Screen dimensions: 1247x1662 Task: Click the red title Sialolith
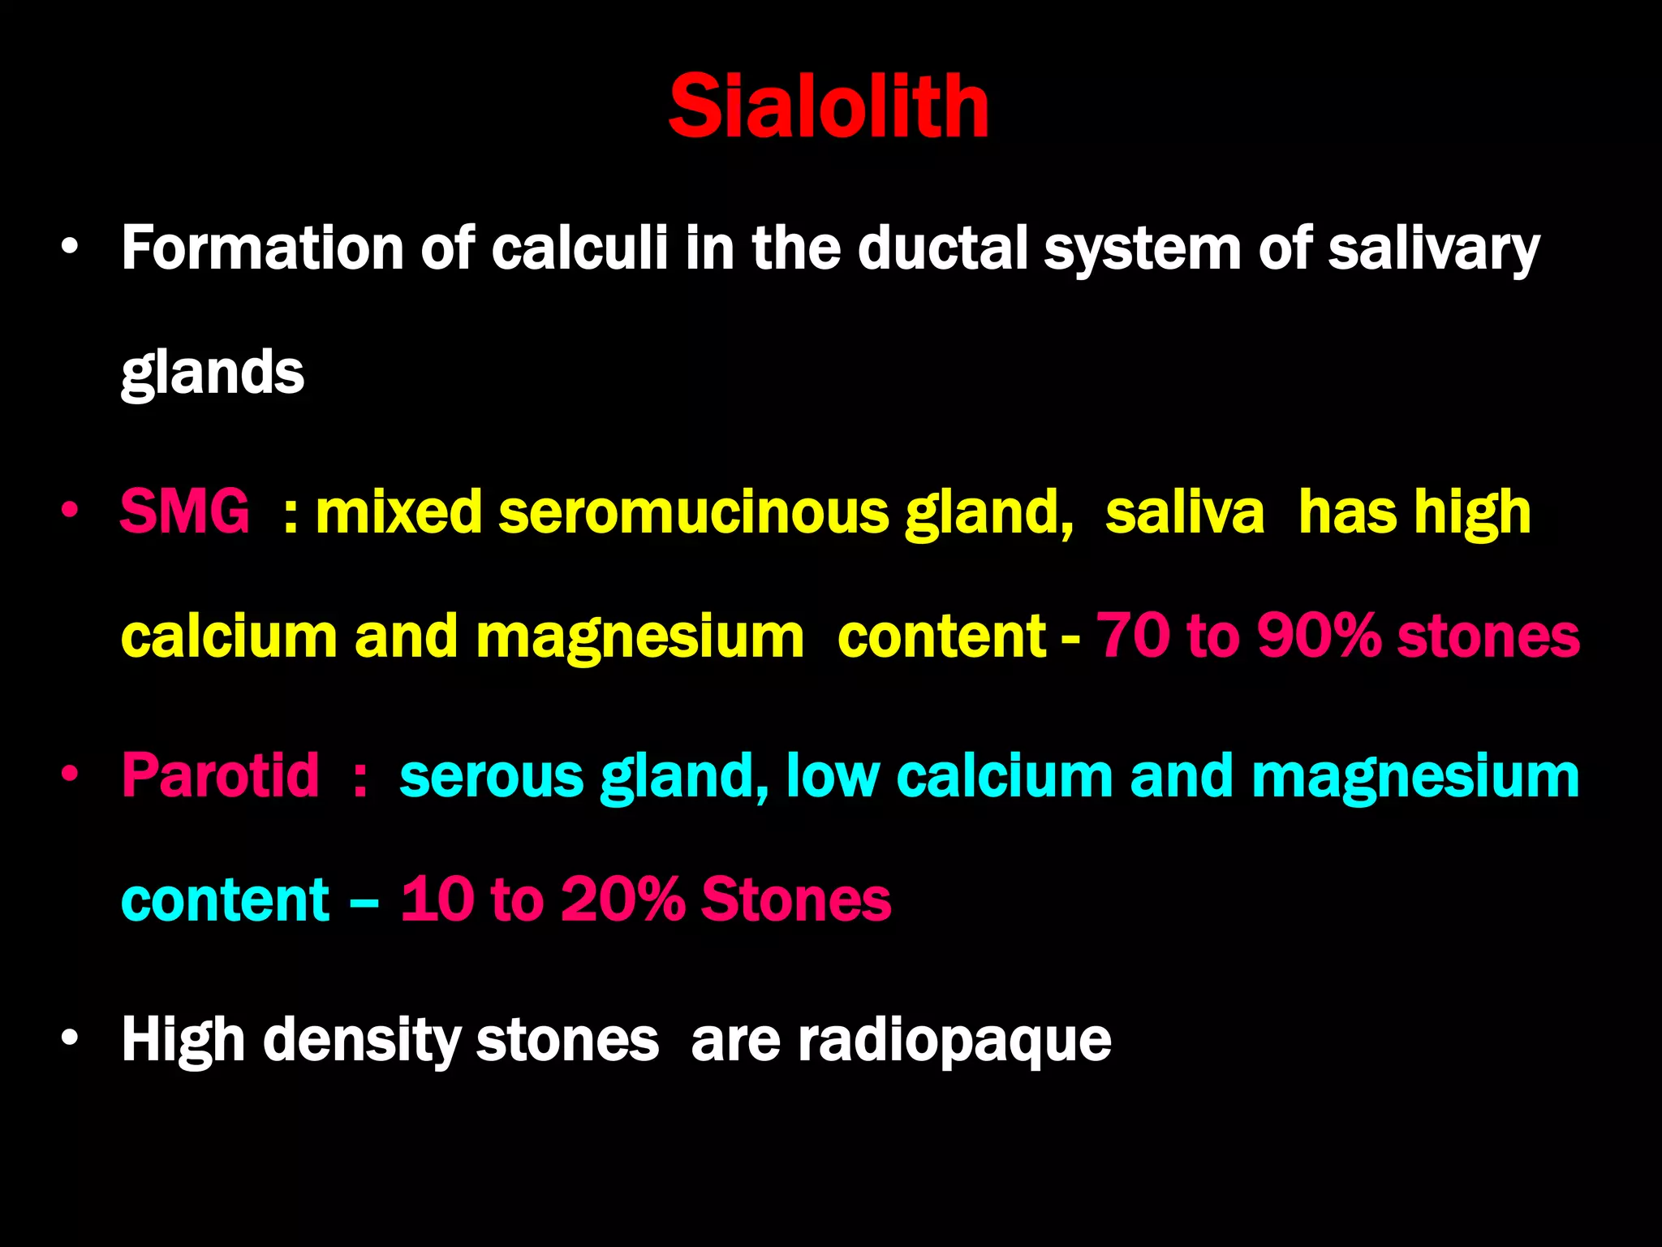pos(829,106)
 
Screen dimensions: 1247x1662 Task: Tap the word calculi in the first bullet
pos(579,248)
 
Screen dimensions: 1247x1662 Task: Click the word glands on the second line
pos(213,373)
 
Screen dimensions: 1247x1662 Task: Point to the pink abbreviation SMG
pos(185,512)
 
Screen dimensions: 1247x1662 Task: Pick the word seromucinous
pos(694,512)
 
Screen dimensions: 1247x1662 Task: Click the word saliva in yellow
pos(1184,512)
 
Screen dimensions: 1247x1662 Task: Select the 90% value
pos(1318,636)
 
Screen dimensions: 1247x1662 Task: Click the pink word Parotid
pos(220,776)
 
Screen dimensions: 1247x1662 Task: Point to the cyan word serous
pos(491,776)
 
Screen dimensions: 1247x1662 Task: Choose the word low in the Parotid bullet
pos(833,776)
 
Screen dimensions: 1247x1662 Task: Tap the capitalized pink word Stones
pos(796,900)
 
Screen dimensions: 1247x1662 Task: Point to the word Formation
pos(262,248)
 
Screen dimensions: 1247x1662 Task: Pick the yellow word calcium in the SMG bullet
pos(229,636)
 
